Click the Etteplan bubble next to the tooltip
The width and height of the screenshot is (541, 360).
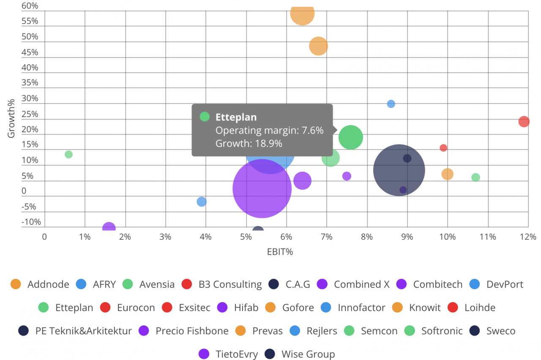click(x=350, y=137)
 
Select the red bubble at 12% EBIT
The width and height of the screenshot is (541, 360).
click(x=524, y=122)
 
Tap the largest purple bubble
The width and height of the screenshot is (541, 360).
click(x=262, y=188)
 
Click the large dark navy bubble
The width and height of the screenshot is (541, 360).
click(x=399, y=170)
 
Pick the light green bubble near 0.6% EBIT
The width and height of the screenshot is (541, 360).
click(x=68, y=155)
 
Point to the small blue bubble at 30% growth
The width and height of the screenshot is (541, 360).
click(x=391, y=104)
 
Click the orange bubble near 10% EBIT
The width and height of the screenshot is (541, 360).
click(x=447, y=174)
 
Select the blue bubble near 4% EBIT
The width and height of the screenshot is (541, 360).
click(x=202, y=202)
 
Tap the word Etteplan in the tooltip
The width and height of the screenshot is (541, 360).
click(x=236, y=117)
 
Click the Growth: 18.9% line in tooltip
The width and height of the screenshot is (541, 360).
click(x=249, y=144)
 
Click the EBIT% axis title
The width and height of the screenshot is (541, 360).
click(x=280, y=252)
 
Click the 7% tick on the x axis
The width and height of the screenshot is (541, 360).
click(x=326, y=237)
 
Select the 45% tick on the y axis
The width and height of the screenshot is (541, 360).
click(x=30, y=52)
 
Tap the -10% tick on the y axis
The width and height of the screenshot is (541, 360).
click(x=31, y=222)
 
